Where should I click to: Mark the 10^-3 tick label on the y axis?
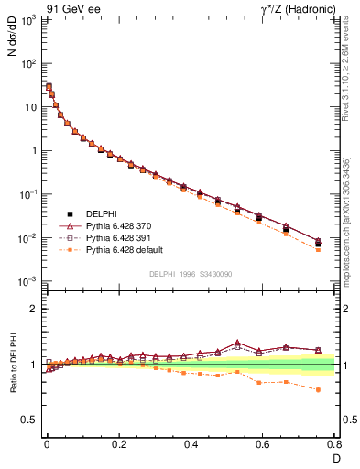click(x=28, y=281)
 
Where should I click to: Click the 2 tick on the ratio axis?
click(x=33, y=309)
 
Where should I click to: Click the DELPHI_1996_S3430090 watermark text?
click(x=190, y=274)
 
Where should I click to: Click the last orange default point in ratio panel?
click(x=318, y=389)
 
